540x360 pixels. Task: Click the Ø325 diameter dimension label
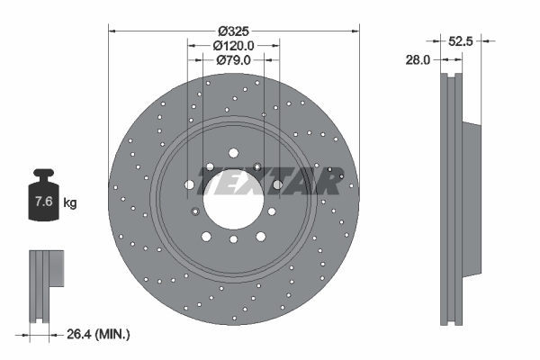coord(233,31)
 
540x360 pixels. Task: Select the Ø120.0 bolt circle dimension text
coord(233,46)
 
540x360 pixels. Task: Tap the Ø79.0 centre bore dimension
coord(233,60)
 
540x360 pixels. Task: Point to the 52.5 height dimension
coord(461,41)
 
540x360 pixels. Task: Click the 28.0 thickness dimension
coord(418,60)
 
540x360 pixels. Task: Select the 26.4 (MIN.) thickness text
coord(98,334)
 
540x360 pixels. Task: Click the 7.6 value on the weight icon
coord(44,201)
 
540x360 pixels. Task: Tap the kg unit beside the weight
coord(70,202)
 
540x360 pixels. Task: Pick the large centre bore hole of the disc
coord(233,200)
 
